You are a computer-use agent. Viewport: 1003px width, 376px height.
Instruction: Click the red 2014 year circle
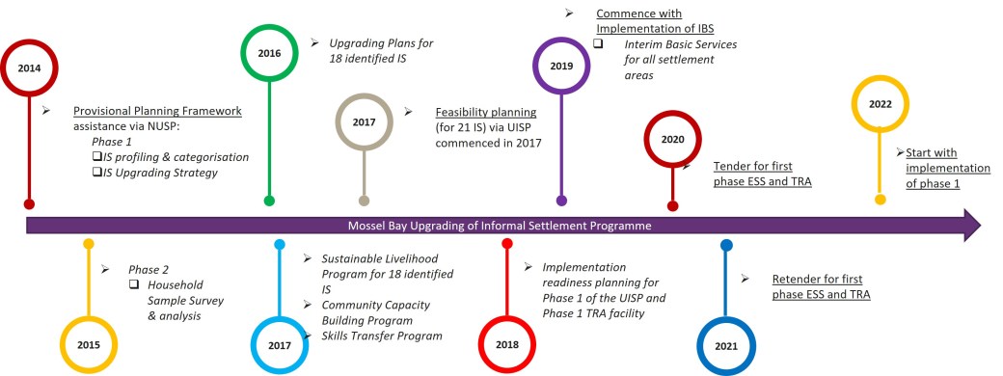30,68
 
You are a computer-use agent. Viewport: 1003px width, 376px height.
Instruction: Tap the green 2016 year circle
269,54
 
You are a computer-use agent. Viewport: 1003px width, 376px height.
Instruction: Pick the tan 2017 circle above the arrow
364,122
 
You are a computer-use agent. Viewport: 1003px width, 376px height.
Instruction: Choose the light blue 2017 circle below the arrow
280,343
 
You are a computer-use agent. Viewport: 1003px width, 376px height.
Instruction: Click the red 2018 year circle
507,343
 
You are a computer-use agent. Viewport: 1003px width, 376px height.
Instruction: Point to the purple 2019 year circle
562,66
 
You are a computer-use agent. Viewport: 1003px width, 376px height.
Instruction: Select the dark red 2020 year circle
672,139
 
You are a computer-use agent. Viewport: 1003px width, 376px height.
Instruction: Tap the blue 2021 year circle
726,343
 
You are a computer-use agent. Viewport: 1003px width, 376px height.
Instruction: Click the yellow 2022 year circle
880,103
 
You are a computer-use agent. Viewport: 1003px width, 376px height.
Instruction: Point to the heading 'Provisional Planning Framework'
158,111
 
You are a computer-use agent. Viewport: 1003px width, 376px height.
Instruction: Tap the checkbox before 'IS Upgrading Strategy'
96,173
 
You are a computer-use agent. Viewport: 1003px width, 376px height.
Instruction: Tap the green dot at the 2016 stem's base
269,201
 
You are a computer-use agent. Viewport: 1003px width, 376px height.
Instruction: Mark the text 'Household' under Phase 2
176,284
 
